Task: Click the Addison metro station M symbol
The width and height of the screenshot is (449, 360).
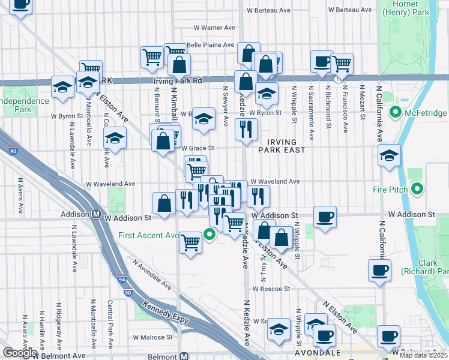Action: click(x=95, y=214)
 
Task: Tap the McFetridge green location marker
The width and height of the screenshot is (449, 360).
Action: click(x=396, y=112)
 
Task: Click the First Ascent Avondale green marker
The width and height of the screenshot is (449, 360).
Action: click(x=209, y=235)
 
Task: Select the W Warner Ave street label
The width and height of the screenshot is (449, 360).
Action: click(x=215, y=28)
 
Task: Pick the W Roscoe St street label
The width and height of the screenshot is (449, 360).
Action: click(x=271, y=289)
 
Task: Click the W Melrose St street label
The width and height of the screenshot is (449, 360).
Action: click(x=152, y=338)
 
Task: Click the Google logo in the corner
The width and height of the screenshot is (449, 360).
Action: click(x=19, y=353)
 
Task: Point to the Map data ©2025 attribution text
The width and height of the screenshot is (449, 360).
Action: click(x=424, y=355)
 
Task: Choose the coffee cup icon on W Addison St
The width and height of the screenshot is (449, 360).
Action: click(x=325, y=217)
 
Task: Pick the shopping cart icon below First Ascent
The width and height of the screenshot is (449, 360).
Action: click(x=191, y=242)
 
